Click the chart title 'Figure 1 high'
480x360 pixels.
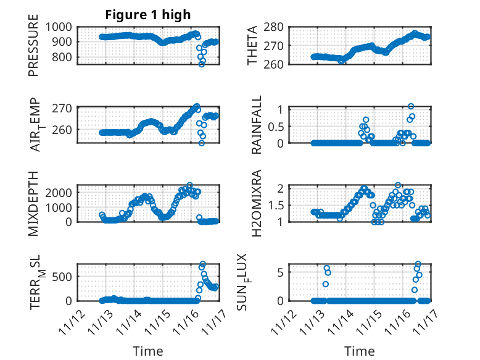(x=148, y=15)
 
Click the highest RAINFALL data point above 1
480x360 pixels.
(x=411, y=106)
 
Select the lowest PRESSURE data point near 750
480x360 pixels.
(x=202, y=64)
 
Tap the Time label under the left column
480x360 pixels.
(x=148, y=351)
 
